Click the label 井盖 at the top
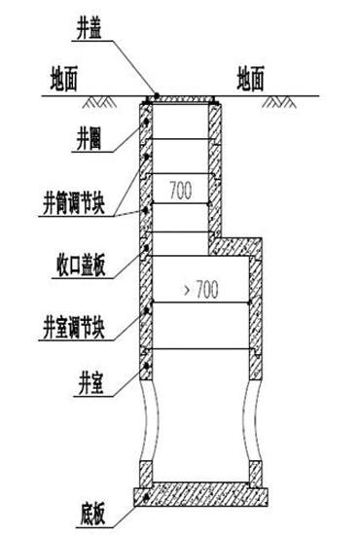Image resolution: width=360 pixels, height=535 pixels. pyautogui.click(x=90, y=29)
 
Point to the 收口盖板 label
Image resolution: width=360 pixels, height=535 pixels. pyautogui.click(x=80, y=262)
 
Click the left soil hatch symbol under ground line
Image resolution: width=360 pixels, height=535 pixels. pyautogui.click(x=96, y=100)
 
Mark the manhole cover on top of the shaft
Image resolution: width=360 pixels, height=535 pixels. pyautogui.click(x=180, y=97)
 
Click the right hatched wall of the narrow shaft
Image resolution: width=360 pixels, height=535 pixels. pyautogui.click(x=215, y=165)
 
